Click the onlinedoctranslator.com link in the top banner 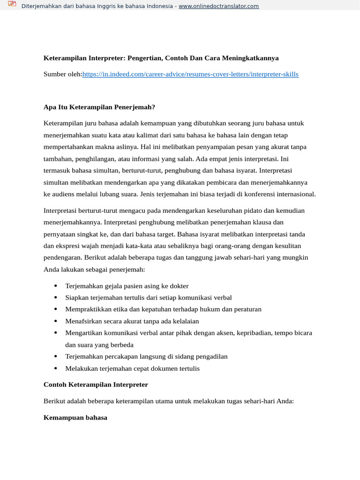(x=218, y=6)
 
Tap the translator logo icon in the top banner (x=12, y=5)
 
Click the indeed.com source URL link (x=190, y=74)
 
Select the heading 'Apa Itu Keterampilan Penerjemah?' (x=99, y=107)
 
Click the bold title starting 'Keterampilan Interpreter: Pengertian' (x=161, y=58)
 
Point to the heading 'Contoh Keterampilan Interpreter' (x=96, y=384)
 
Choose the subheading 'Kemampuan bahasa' (x=75, y=417)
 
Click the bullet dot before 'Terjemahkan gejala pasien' (x=56, y=285)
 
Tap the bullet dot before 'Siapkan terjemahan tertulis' (x=56, y=297)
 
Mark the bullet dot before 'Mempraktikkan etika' (x=56, y=309)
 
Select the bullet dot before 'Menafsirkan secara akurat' (x=56, y=321)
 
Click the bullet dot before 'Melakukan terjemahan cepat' (x=56, y=368)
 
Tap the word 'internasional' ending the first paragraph (x=295, y=194)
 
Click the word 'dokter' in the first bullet (x=179, y=285)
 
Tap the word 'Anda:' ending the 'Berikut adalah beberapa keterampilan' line (x=285, y=401)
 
